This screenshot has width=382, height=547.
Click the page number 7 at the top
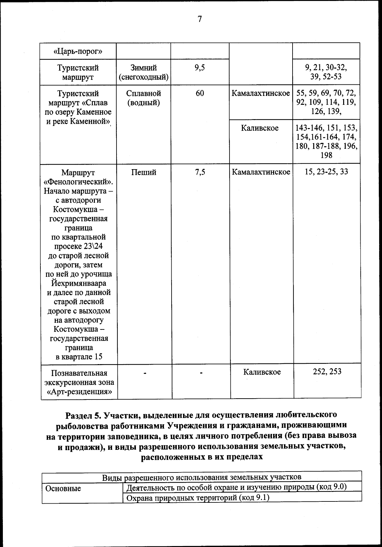(200, 19)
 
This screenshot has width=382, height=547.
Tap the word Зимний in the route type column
(143, 68)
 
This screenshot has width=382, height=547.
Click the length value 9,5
(200, 68)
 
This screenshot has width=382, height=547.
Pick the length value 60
(200, 93)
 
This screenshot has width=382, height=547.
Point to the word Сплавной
(143, 93)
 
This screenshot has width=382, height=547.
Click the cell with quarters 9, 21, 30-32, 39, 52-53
(326, 72)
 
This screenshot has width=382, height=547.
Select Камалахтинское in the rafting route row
(261, 93)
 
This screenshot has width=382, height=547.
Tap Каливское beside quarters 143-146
(260, 128)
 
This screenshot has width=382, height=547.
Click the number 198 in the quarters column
(327, 155)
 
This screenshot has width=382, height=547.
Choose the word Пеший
(143, 172)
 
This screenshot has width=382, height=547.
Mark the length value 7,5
(200, 172)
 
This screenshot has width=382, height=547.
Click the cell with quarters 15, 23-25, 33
(326, 172)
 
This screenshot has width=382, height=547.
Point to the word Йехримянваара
(79, 283)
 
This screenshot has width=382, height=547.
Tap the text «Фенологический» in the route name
(79, 182)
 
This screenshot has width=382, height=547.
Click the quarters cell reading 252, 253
(327, 372)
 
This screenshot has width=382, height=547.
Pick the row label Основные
(63, 489)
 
